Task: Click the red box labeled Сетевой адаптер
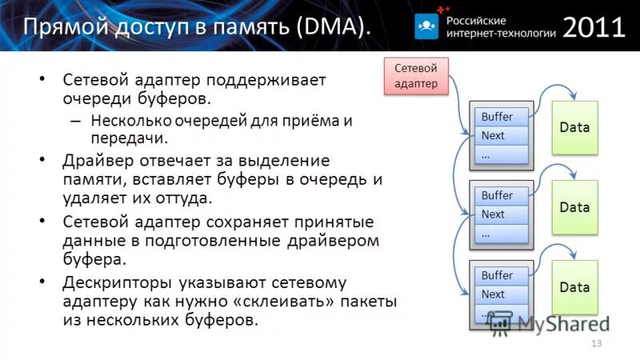click(x=416, y=76)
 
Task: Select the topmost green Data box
click(x=574, y=127)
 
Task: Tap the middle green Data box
click(x=574, y=207)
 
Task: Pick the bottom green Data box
click(x=574, y=286)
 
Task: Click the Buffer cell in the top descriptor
click(x=501, y=117)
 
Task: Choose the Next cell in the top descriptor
click(x=501, y=136)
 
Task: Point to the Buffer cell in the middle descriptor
click(x=501, y=195)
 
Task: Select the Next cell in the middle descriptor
click(x=501, y=214)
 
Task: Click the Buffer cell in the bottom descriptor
click(x=501, y=275)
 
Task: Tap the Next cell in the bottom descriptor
click(x=501, y=294)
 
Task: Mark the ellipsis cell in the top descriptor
click(x=501, y=155)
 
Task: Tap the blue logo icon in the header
click(x=428, y=26)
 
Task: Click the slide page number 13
click(x=595, y=343)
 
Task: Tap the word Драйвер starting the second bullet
click(x=98, y=162)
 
